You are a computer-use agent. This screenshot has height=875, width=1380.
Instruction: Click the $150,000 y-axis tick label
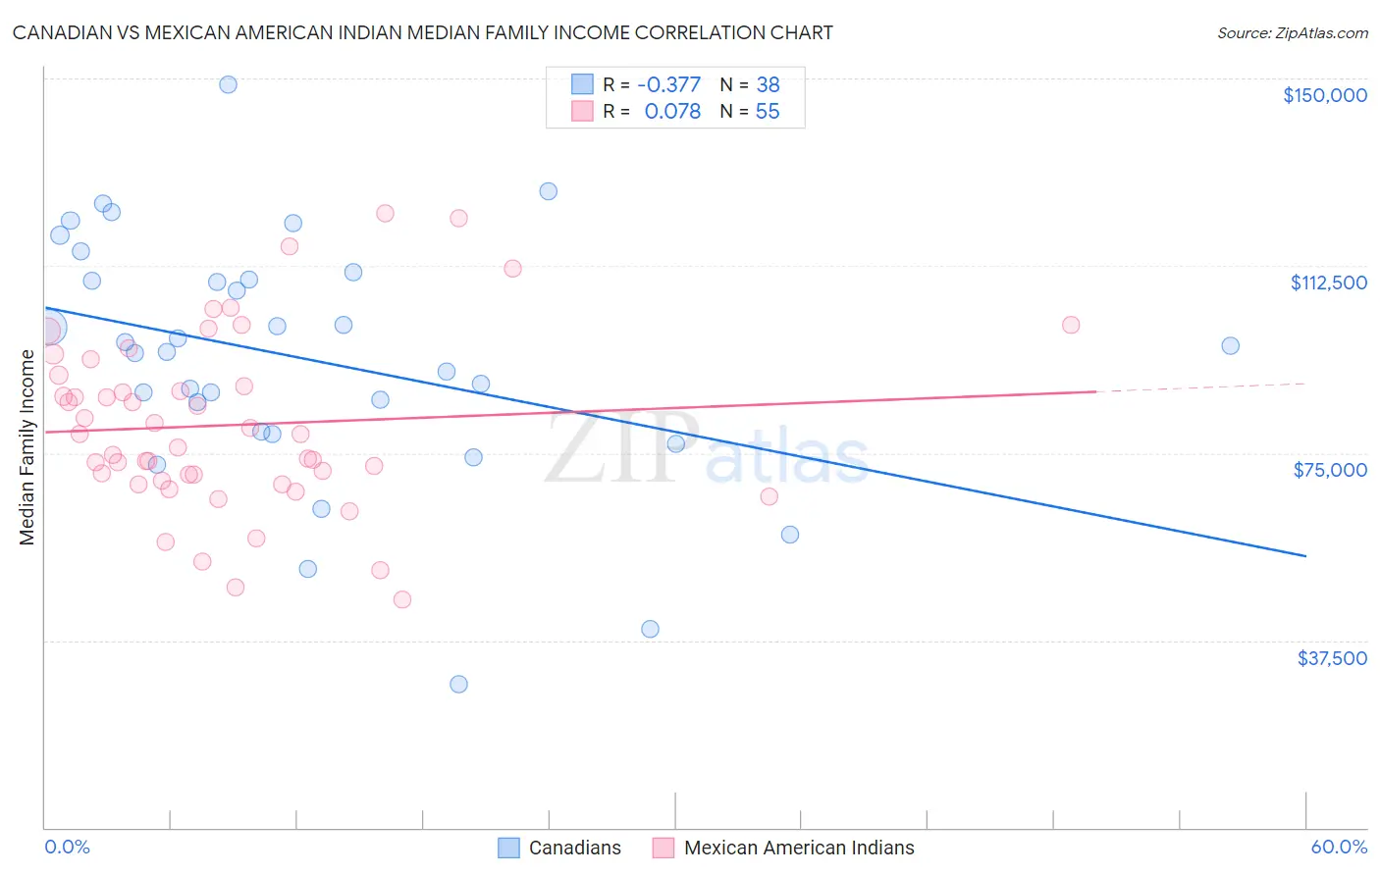pos(1324,95)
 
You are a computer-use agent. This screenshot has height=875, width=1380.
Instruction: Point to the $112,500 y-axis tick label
pos(1328,283)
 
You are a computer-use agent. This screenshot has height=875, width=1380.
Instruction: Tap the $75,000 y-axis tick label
pos(1330,470)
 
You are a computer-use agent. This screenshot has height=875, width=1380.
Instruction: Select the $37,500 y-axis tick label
pos(1332,658)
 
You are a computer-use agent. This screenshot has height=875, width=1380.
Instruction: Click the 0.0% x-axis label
pos(67,848)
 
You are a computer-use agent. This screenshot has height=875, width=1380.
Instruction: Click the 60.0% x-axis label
pos(1339,848)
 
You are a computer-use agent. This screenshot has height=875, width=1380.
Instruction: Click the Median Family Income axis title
pos(27,447)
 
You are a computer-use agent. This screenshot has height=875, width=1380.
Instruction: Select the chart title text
pos(422,32)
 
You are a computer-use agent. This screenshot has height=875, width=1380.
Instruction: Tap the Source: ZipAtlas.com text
pos(1292,32)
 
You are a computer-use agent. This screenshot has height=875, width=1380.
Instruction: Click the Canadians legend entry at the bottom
pos(574,848)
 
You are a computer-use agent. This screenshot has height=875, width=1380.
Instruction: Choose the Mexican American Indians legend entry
pos(798,848)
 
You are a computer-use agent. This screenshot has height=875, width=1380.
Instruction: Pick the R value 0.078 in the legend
pos(672,112)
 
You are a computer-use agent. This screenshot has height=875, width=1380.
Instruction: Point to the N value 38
pos(768,85)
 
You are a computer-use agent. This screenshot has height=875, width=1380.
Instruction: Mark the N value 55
pos(768,112)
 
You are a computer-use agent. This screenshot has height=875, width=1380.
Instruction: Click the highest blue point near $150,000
pos(228,84)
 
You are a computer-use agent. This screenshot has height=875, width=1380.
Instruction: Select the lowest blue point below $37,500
pos(458,684)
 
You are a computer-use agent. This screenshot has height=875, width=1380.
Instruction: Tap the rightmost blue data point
pos(1230,345)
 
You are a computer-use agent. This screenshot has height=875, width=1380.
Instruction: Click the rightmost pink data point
pos(1071,325)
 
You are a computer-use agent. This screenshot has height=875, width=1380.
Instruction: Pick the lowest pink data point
pos(401,599)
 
